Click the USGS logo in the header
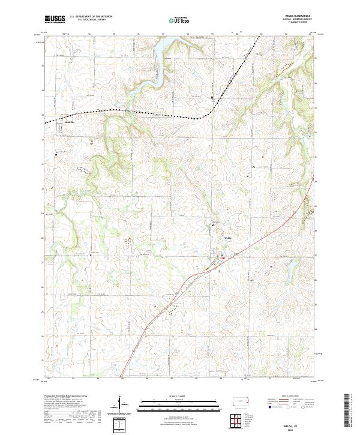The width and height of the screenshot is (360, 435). tap(55, 20)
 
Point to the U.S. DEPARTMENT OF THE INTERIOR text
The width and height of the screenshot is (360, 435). tap(91, 17)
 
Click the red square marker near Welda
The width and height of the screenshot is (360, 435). tap(224, 259)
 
